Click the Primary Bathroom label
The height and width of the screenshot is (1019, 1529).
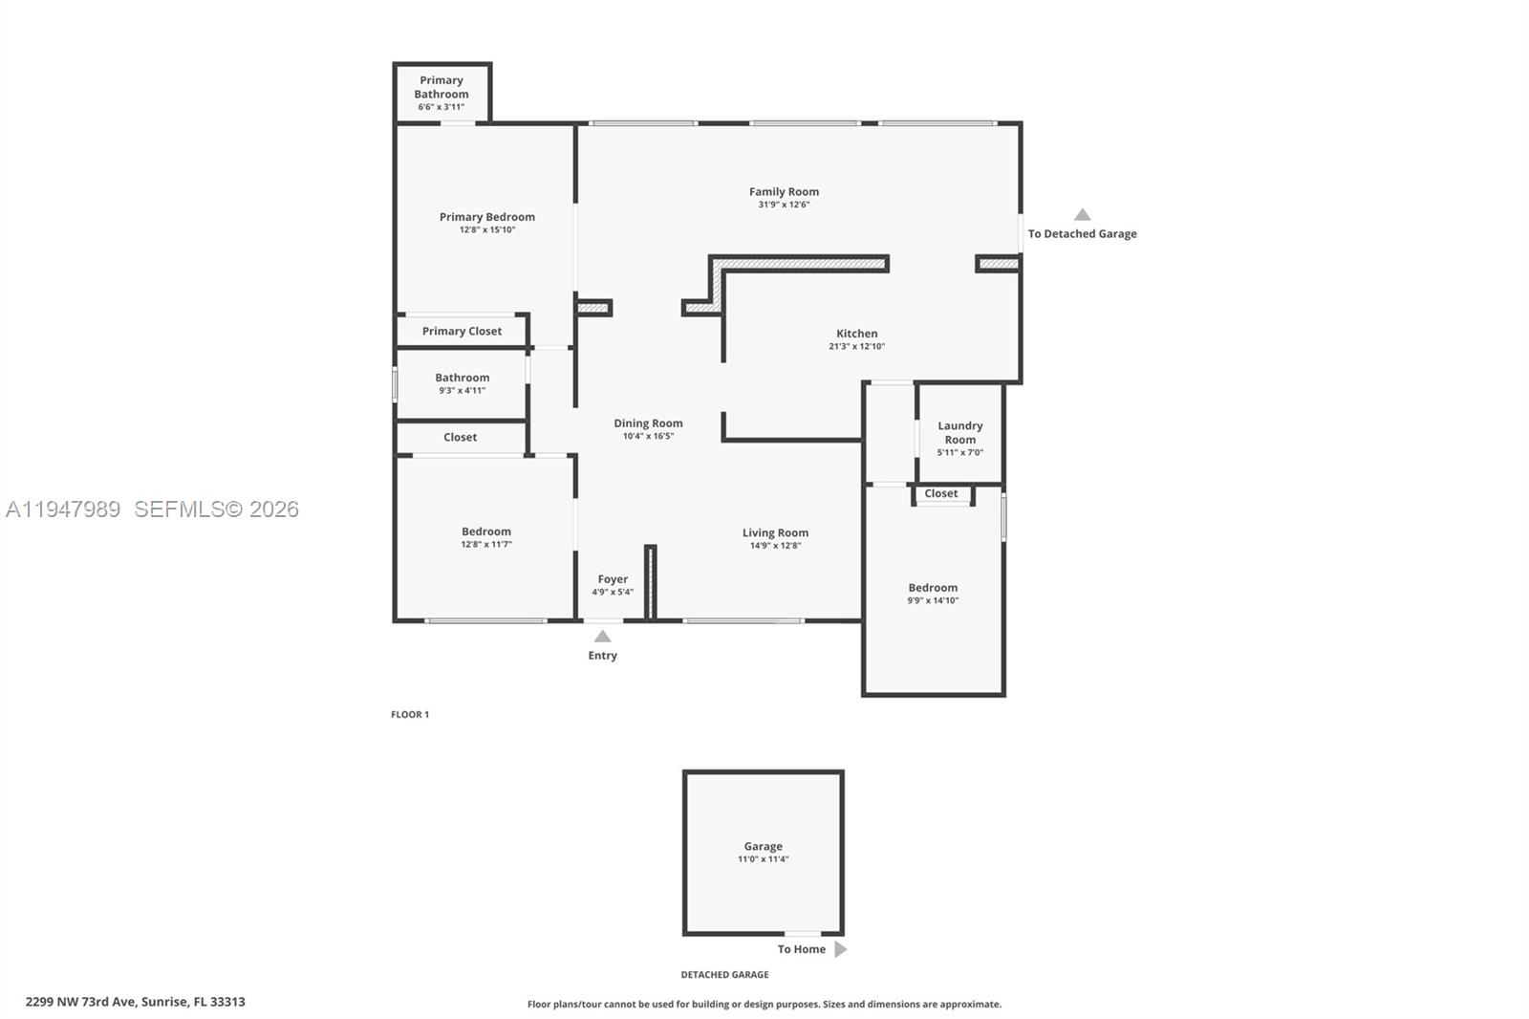click(441, 87)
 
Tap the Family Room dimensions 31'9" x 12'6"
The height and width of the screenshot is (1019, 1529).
click(784, 205)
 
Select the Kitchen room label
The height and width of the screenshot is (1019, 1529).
click(856, 334)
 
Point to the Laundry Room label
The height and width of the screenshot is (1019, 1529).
click(959, 433)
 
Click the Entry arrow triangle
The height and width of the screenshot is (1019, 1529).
click(602, 637)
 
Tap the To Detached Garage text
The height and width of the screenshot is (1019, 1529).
click(1082, 233)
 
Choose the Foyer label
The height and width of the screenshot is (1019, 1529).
click(613, 579)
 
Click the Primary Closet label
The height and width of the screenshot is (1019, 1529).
click(462, 331)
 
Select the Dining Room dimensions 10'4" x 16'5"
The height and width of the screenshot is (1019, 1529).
click(648, 436)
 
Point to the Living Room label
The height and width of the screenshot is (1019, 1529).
click(775, 532)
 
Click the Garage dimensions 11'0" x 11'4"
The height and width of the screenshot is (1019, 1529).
click(763, 859)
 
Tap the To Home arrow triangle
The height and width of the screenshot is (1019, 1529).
click(840, 949)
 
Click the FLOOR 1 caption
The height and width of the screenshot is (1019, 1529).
click(410, 714)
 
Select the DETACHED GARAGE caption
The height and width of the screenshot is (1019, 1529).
click(724, 975)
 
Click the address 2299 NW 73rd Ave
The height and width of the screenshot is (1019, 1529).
click(135, 1002)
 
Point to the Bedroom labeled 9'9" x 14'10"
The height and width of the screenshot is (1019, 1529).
click(933, 588)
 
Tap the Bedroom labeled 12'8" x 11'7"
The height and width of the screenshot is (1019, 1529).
click(486, 531)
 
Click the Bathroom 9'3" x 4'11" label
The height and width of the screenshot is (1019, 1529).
click(462, 378)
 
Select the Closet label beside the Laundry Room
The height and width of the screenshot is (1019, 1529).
click(940, 493)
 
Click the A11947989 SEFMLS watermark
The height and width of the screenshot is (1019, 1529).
click(153, 509)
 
